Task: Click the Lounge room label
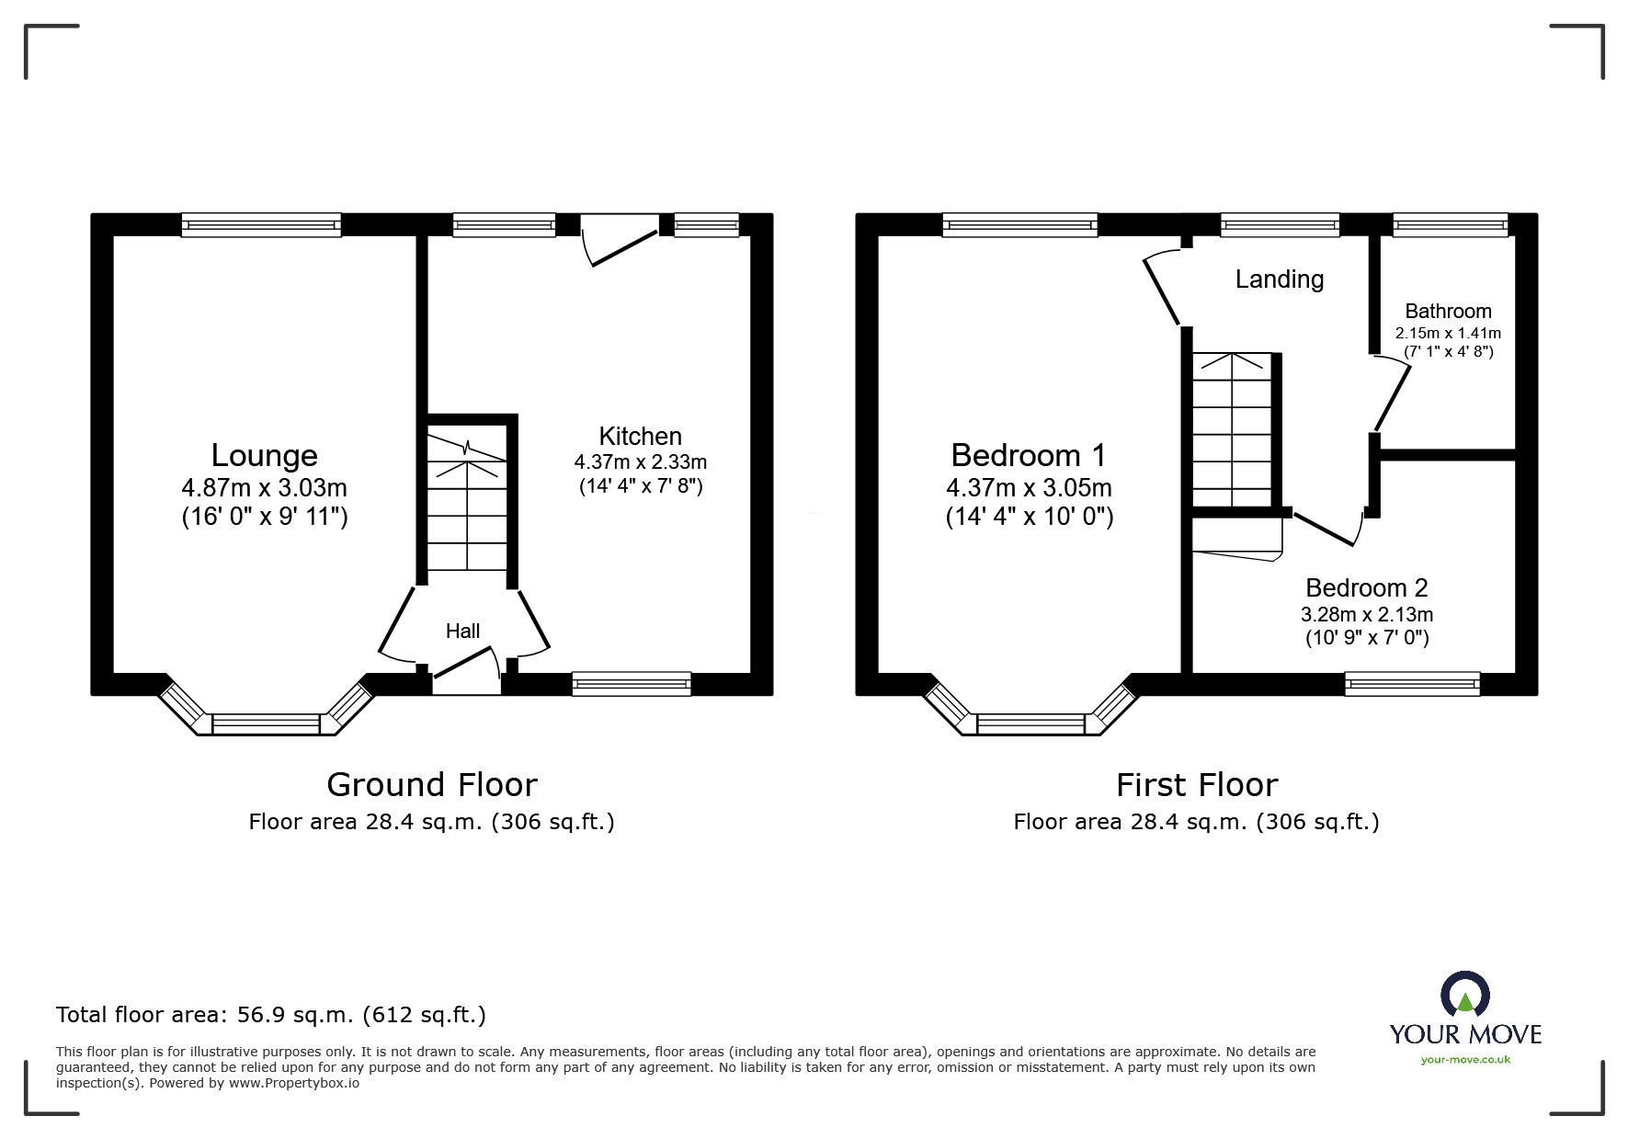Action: click(x=264, y=455)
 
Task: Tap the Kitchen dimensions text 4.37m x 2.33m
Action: click(x=640, y=462)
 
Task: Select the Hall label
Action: click(x=462, y=631)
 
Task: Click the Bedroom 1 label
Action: click(x=1028, y=455)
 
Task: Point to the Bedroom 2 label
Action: click(x=1366, y=587)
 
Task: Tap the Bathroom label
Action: click(x=1447, y=311)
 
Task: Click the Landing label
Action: click(x=1279, y=279)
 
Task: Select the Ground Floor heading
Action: click(x=431, y=784)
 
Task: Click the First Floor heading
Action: click(x=1196, y=784)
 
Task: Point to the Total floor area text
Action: click(x=270, y=1015)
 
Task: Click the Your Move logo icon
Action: click(x=1464, y=996)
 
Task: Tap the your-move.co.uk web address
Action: click(x=1465, y=1059)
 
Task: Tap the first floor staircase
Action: click(x=1232, y=429)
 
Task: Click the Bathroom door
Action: click(x=1392, y=395)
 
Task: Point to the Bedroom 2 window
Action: click(x=1412, y=683)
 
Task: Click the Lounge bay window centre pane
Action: click(x=266, y=724)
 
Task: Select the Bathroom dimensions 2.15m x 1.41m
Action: click(x=1447, y=333)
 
